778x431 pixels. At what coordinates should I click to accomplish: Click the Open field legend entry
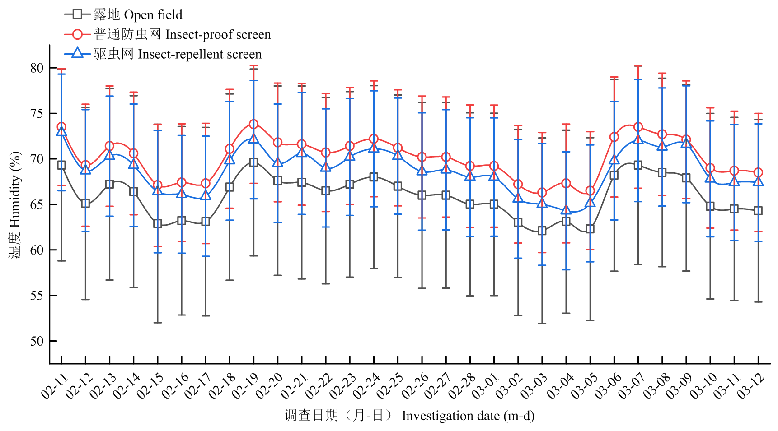point(123,15)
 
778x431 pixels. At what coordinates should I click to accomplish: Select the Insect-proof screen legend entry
point(167,34)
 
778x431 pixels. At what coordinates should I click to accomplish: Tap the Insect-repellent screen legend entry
point(163,54)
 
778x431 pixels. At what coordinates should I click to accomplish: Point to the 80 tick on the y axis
point(37,68)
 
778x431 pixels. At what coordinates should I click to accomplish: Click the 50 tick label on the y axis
point(37,341)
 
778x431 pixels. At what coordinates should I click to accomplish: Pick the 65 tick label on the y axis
point(37,204)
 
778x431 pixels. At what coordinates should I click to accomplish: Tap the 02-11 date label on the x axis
point(55,386)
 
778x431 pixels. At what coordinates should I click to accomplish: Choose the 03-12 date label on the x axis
point(751,386)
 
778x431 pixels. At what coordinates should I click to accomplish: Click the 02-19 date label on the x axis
point(247,386)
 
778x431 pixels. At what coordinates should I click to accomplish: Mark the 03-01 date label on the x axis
point(487,386)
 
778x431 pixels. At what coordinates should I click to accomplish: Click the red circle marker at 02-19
point(253,124)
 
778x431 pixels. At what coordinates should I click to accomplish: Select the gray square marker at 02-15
point(157,223)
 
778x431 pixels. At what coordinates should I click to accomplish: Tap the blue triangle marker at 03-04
point(566,210)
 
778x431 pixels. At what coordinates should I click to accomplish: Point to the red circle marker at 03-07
point(638,127)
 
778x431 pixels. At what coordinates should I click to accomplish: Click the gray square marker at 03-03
point(542,231)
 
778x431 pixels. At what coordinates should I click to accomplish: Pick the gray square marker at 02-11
point(61,165)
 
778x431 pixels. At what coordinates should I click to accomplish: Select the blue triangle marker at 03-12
point(758,181)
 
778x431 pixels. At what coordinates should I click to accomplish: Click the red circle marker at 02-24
point(374,139)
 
